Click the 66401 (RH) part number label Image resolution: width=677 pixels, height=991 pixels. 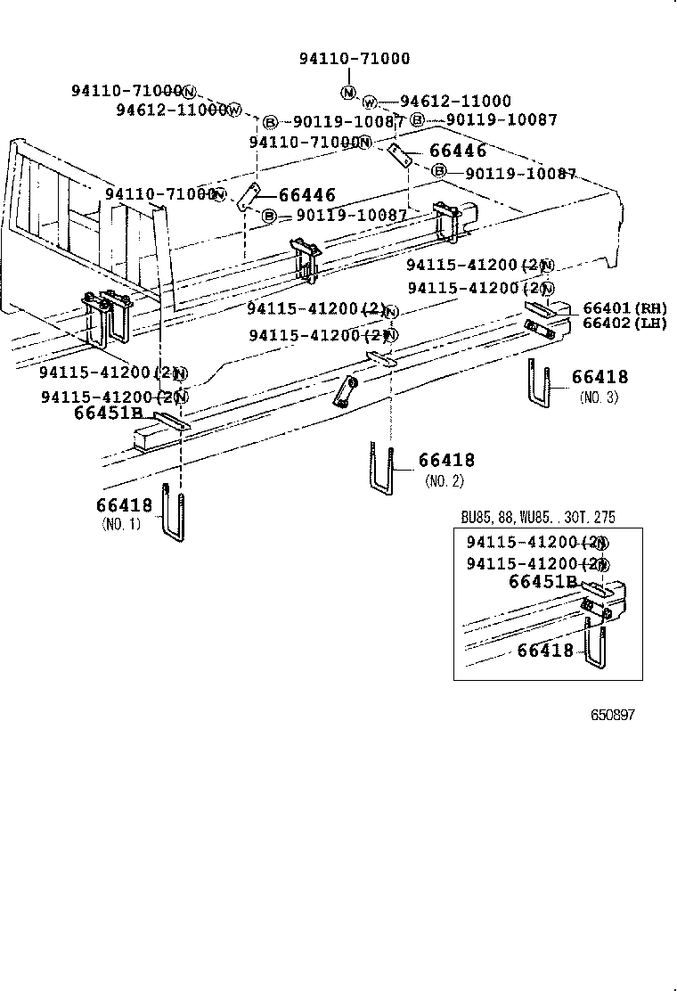tap(624, 308)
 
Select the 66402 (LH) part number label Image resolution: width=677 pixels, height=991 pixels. tap(624, 324)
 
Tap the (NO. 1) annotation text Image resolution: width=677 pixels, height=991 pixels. tap(121, 524)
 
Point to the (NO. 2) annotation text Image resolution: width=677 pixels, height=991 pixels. tap(445, 481)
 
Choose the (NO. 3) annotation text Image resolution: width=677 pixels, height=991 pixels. tap(598, 397)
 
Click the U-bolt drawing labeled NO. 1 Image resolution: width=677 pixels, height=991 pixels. tap(174, 512)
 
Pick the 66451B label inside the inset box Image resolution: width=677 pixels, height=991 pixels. tap(544, 582)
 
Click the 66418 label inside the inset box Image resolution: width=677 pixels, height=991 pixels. tap(545, 651)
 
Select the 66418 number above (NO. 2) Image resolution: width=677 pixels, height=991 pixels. tap(446, 461)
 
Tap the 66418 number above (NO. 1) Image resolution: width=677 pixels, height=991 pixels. tap(125, 505)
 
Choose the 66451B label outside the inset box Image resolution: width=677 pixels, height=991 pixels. tap(108, 413)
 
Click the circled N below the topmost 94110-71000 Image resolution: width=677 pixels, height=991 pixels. tap(348, 93)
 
